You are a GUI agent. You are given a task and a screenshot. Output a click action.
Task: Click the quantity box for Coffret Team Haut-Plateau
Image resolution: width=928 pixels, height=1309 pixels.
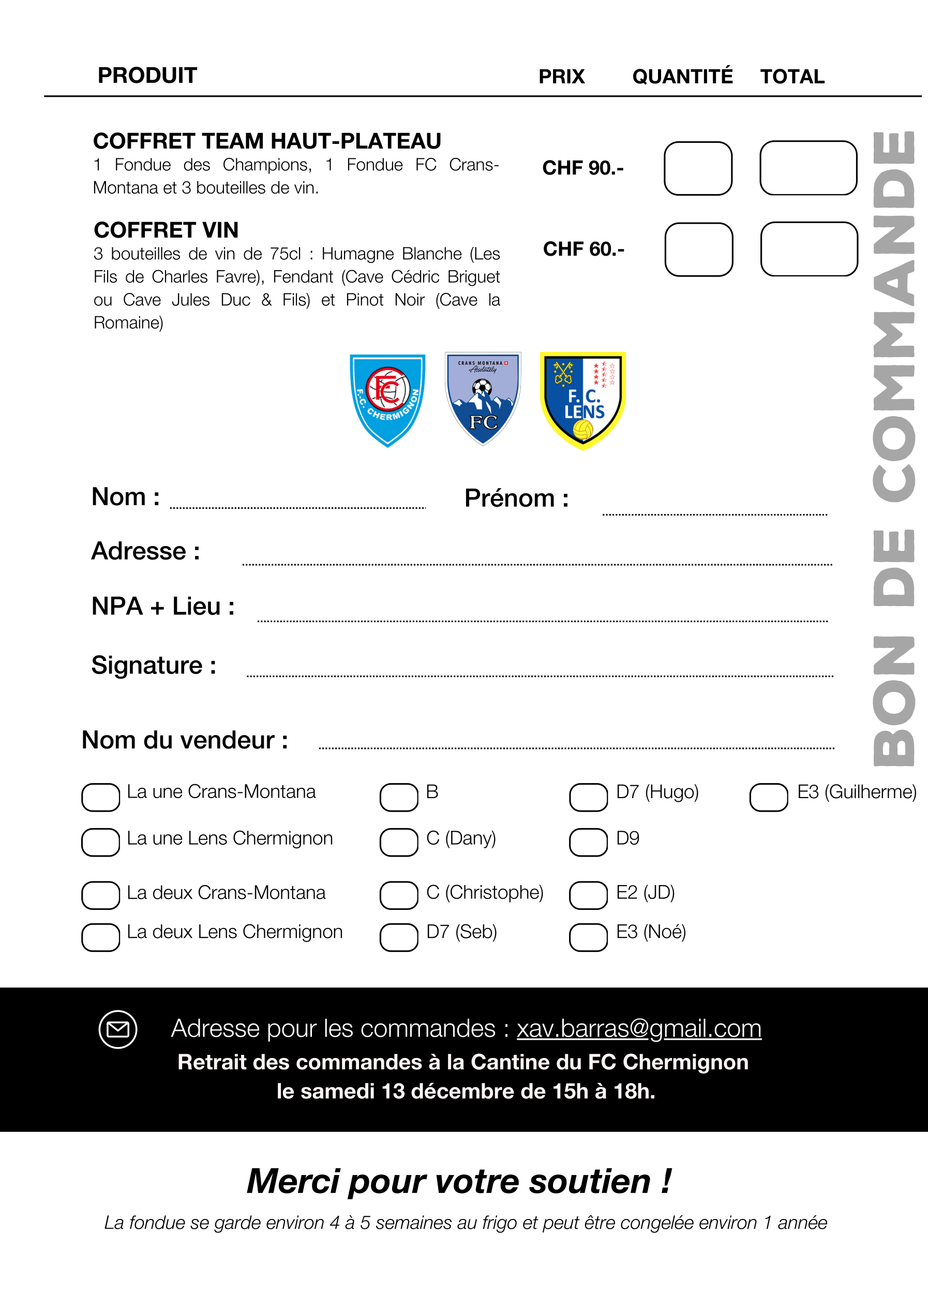click(x=698, y=168)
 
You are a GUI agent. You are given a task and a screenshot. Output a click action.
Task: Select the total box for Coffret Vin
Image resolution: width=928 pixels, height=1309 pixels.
click(x=809, y=249)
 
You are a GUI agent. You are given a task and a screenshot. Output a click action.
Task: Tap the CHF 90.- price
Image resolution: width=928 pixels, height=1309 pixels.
click(x=583, y=168)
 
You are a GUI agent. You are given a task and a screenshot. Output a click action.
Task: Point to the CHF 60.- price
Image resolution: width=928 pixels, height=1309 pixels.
click(x=583, y=249)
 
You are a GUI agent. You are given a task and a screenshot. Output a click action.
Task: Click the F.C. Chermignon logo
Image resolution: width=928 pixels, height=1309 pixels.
click(x=387, y=400)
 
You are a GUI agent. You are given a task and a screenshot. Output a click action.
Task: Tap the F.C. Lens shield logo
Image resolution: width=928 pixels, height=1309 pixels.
click(x=582, y=400)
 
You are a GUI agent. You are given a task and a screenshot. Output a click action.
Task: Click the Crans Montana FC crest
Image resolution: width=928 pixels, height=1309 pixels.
click(x=483, y=399)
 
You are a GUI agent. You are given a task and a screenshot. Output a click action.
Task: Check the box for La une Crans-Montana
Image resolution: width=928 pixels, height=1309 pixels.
click(x=100, y=797)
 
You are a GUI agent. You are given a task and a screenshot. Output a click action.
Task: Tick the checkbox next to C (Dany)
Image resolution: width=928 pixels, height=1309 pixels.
click(x=399, y=842)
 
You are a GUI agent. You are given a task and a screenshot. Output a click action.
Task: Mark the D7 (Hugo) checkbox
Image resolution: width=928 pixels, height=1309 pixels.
click(x=588, y=797)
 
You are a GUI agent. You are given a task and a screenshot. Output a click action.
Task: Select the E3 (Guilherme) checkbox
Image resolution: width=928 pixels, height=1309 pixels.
click(x=769, y=797)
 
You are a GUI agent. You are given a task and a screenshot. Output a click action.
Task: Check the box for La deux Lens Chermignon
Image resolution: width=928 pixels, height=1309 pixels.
click(x=100, y=937)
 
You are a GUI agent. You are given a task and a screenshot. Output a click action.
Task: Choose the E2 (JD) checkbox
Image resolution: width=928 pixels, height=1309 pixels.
click(x=588, y=894)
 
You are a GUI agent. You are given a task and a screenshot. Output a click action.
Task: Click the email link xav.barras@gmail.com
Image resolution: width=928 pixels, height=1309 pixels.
click(x=639, y=1028)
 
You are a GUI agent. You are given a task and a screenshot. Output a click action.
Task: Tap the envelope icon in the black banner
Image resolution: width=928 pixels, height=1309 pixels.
click(x=118, y=1029)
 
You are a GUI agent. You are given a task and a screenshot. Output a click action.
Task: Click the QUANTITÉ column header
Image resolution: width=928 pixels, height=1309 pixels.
click(x=682, y=77)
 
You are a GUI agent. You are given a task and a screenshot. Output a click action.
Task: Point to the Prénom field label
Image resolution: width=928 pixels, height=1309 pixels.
click(x=516, y=498)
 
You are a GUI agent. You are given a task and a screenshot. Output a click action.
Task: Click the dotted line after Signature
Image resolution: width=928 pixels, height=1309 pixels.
click(x=540, y=675)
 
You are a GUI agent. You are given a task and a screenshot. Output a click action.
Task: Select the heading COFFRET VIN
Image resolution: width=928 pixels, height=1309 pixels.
click(x=166, y=230)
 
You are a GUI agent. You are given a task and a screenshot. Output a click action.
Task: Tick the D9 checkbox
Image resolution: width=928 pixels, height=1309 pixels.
click(x=588, y=842)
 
